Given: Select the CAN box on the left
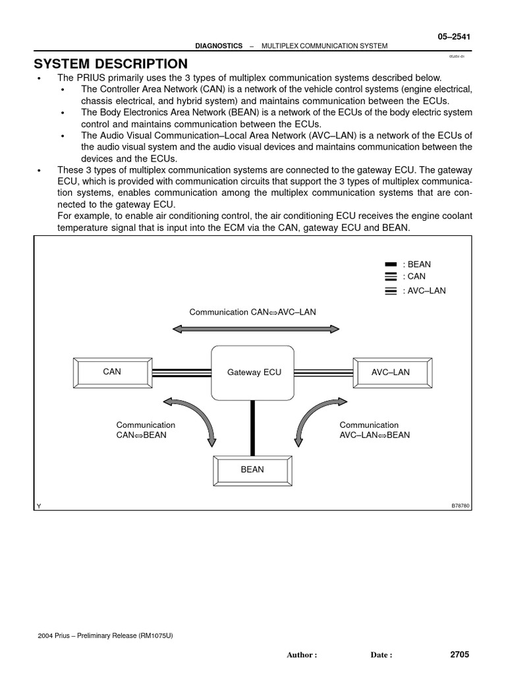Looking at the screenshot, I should coord(112,372).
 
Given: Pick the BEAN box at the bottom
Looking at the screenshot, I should coord(252,470).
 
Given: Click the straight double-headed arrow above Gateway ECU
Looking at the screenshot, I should coord(256,328).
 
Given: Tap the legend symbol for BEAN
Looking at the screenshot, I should coord(390,265).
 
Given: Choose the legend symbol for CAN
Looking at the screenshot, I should coord(390,277).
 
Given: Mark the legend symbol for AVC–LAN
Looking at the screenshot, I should coord(390,291).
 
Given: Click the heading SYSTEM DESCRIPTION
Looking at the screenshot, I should coord(111,64).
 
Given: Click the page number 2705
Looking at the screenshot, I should coord(460,655).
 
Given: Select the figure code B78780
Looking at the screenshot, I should coord(460,506).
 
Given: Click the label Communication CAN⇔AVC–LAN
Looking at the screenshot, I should coord(253,312).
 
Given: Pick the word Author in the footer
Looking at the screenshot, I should coord(302,655).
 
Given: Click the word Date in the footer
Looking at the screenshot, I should coord(381,655).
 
